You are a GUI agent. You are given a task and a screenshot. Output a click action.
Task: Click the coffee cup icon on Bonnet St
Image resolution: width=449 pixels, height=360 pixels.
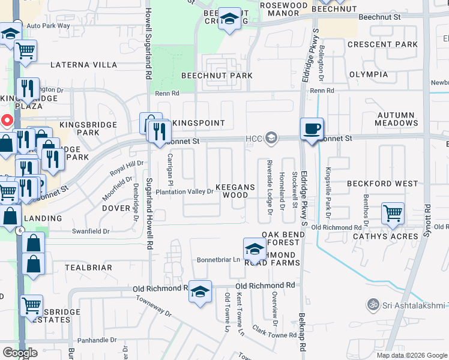tap(312, 129)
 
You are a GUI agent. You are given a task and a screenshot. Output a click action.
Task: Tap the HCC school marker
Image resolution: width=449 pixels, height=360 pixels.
tap(271, 139)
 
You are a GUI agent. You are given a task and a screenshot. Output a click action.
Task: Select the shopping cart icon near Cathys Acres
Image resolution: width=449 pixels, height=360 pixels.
tap(393, 214)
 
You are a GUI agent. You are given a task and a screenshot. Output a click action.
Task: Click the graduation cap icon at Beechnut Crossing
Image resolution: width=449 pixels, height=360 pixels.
tap(229, 20)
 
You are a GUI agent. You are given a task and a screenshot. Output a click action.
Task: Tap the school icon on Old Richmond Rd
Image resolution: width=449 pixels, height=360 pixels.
tap(200, 292)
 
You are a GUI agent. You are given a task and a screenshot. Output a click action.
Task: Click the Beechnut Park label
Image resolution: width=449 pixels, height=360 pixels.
tap(217, 76)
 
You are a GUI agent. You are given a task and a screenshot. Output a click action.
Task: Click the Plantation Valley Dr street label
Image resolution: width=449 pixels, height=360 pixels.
tap(184, 192)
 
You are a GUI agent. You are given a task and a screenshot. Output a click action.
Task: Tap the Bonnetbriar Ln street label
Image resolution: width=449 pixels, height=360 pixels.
tap(218, 259)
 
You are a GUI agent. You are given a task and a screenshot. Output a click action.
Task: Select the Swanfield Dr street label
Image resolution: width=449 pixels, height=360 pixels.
tap(91, 231)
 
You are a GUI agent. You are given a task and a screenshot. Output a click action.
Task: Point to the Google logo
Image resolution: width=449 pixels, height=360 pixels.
tap(20, 353)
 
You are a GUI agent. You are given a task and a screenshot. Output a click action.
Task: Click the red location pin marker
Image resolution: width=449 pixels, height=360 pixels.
tap(7, 120)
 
